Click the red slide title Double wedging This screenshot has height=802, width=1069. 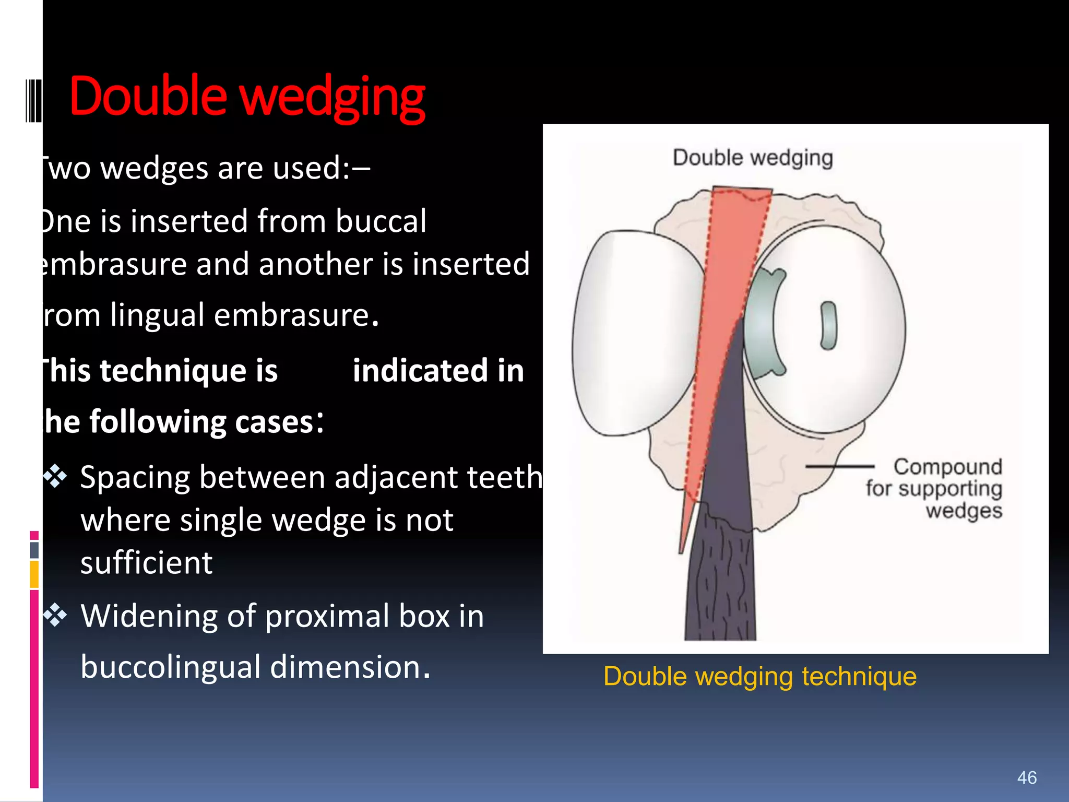point(247,98)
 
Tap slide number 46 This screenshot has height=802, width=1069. point(1027,777)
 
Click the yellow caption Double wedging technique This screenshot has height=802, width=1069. point(759,676)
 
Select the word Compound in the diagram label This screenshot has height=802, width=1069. point(947,466)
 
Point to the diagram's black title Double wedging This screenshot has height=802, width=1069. point(752,158)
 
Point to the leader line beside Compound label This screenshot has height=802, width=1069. point(839,466)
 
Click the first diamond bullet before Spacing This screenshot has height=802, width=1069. point(55,476)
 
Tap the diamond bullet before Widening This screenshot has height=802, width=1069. point(55,615)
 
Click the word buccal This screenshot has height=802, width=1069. point(381,221)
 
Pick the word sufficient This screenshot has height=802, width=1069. point(146,563)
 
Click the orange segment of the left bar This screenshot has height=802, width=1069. point(34,574)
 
